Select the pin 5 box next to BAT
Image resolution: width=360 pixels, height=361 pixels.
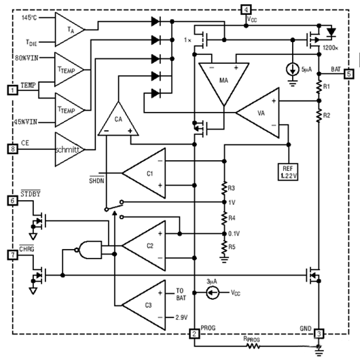pyautogui.click(x=348, y=74)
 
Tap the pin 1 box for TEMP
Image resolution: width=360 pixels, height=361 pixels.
pyautogui.click(x=12, y=90)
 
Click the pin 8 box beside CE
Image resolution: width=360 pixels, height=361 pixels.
pyautogui.click(x=12, y=148)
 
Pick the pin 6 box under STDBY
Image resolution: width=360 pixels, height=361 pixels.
pyautogui.click(x=12, y=201)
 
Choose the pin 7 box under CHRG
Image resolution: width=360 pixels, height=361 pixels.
pyautogui.click(x=12, y=254)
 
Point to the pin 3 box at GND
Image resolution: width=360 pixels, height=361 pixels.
pyautogui.click(x=318, y=333)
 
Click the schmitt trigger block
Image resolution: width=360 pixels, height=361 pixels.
pyautogui.click(x=69, y=148)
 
